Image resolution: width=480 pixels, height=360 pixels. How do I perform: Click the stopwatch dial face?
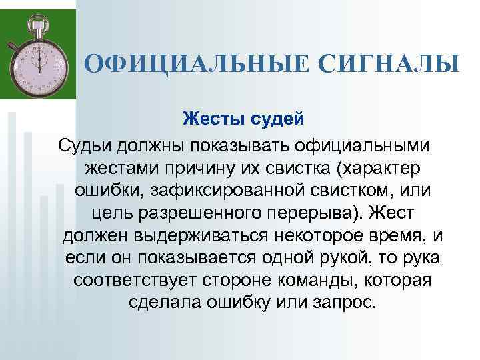(40, 58)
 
